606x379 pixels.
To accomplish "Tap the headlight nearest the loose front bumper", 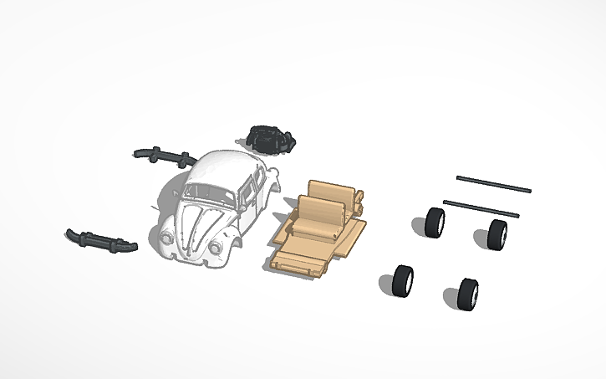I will point(170,238).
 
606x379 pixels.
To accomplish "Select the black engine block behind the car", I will point(270,139).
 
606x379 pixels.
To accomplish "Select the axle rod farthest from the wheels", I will point(493,184).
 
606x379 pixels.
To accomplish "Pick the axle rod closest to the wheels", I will point(481,207).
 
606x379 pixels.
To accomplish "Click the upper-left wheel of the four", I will point(435,223).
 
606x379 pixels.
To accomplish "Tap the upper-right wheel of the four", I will point(498,233).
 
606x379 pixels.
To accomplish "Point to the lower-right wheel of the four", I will point(468,293).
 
